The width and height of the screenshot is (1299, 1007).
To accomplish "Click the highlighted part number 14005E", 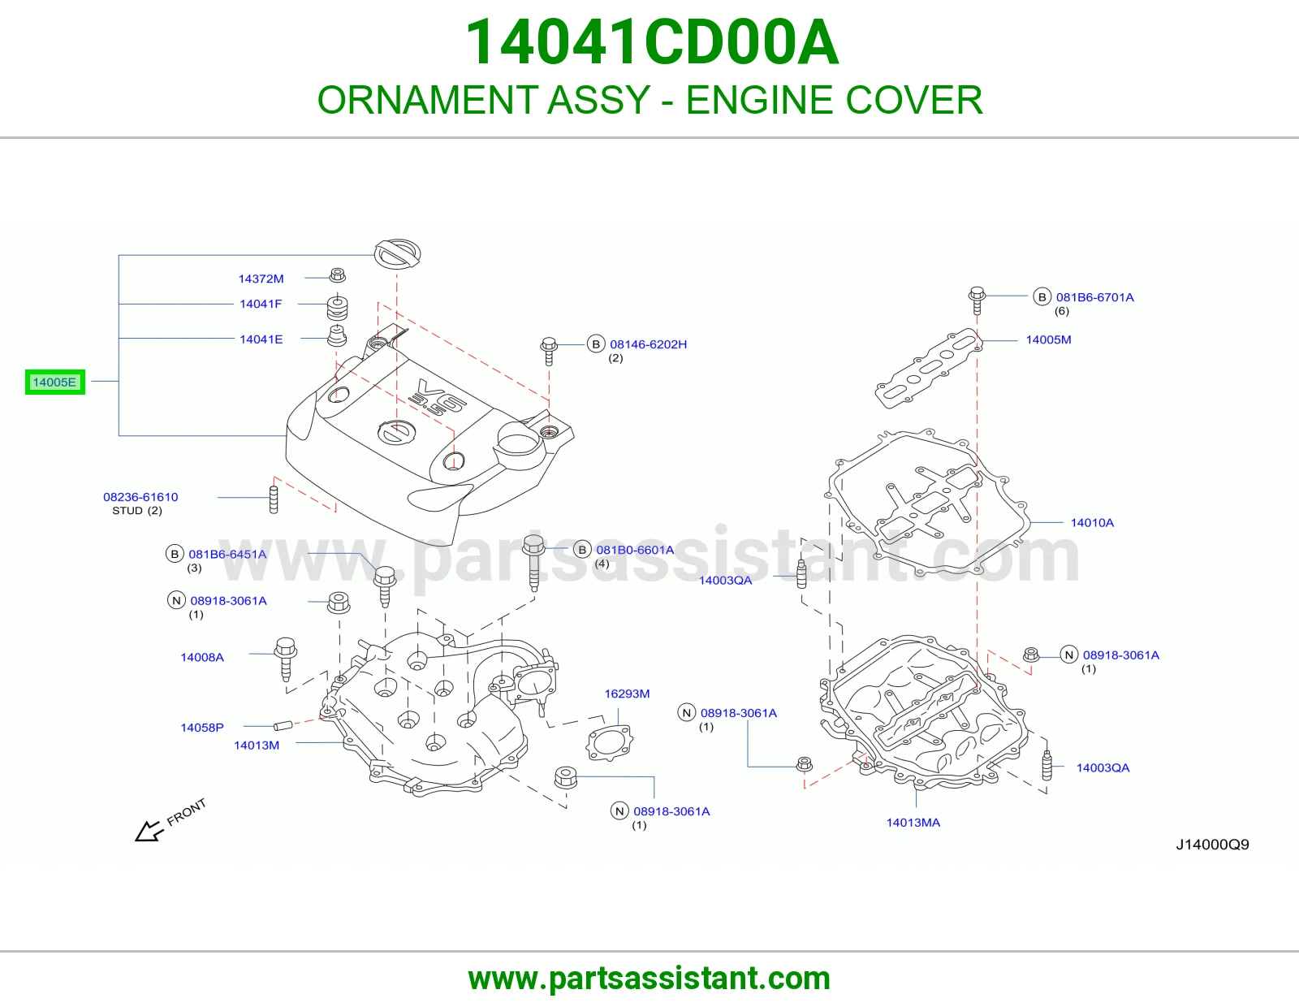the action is (x=54, y=382).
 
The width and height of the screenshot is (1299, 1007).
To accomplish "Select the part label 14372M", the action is (x=261, y=279).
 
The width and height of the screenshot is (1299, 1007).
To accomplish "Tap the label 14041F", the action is (x=261, y=304).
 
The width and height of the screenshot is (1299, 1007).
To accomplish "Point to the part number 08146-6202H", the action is (x=648, y=344).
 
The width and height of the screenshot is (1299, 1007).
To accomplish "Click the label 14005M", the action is (x=1048, y=339).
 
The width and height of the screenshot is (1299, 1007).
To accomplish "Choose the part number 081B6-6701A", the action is (x=1094, y=297).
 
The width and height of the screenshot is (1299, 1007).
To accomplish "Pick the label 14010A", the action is (x=1092, y=523).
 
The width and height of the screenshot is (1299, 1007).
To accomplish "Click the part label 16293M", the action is (x=627, y=694).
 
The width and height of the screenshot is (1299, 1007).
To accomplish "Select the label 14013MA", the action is (x=913, y=822).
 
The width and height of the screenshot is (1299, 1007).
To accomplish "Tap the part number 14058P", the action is (x=202, y=727).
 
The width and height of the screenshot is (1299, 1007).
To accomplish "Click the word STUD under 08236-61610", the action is (x=127, y=511).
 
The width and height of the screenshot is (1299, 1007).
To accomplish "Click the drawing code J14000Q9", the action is (x=1212, y=845).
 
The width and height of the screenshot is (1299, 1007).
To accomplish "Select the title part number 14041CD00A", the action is (x=652, y=42).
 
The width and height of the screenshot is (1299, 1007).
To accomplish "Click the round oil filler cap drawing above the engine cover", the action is (x=398, y=254).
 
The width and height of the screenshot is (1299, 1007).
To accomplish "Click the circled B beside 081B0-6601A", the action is (x=581, y=550).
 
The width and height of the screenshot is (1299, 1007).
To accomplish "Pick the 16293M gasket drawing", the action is (x=609, y=743).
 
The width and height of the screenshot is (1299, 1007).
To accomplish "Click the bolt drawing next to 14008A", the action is (x=286, y=659).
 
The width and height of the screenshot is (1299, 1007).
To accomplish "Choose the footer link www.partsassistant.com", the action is (x=649, y=979).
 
